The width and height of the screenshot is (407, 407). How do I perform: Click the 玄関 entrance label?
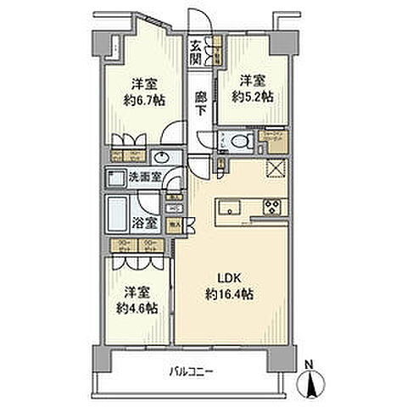196,53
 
